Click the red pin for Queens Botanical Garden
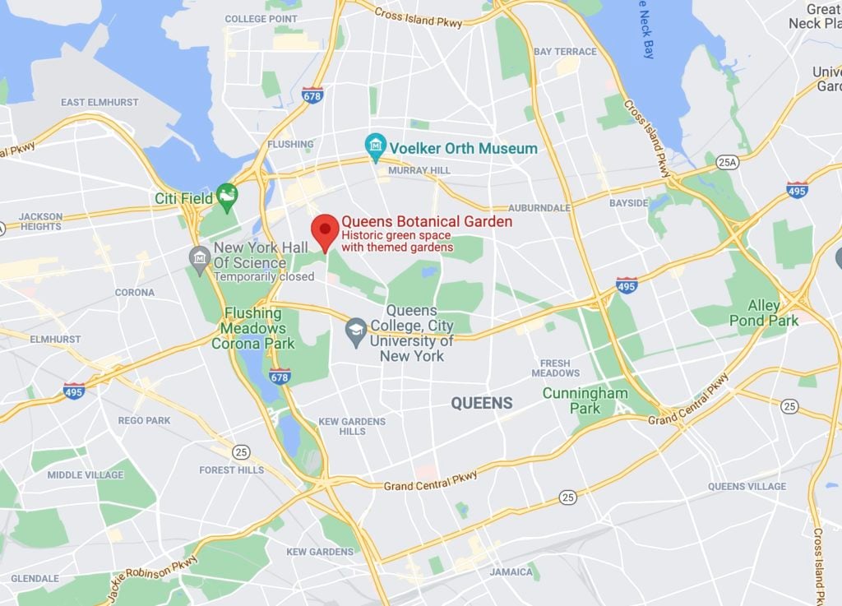(326, 229)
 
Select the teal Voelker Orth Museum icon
(376, 146)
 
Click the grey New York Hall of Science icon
(199, 258)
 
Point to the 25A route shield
(726, 162)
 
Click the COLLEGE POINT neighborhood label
(261, 19)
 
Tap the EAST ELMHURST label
(99, 102)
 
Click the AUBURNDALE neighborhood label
(539, 208)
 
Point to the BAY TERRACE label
(565, 52)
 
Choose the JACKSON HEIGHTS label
(40, 222)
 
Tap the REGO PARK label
(144, 420)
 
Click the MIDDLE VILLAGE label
(86, 474)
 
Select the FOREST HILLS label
(232, 470)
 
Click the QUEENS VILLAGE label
(747, 486)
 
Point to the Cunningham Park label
(585, 400)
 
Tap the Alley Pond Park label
(764, 313)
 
